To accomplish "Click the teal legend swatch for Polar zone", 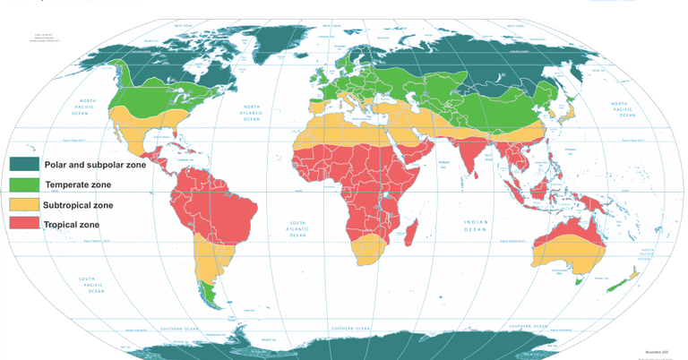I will click(x=24, y=165).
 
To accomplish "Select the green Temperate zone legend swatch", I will click(x=24, y=184).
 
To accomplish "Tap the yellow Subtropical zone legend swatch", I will click(x=24, y=205).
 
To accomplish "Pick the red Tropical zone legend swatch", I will click(x=24, y=224).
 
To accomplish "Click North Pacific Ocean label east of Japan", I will click(x=624, y=109).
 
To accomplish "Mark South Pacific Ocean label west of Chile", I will click(x=91, y=285).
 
